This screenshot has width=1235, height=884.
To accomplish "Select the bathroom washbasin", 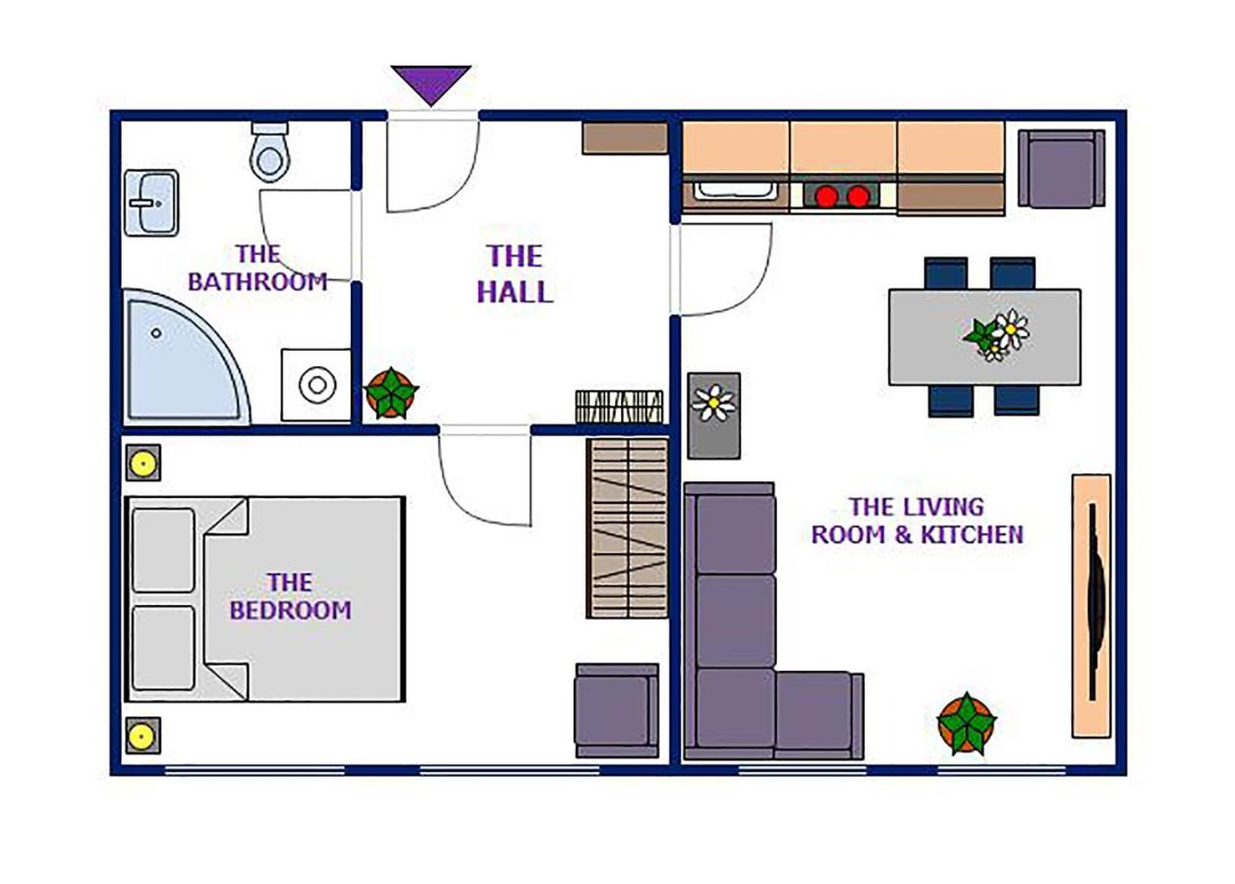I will [151, 202].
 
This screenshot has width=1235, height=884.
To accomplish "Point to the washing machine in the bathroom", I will [316, 385].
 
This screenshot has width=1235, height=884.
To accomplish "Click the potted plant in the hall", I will [391, 393].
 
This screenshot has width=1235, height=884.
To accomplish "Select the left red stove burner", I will [826, 196].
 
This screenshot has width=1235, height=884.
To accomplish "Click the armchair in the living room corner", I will [1061, 169].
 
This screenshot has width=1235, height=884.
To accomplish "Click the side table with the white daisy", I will [714, 414].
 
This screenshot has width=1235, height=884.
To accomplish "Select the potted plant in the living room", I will [966, 723].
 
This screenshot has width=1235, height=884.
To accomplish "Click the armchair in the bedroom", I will [616, 710].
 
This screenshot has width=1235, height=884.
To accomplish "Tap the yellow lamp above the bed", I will [143, 462].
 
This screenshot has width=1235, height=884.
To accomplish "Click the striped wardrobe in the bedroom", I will [627, 527].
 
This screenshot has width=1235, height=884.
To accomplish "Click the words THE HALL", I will [514, 274].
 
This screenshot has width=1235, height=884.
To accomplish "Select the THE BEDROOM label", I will [290, 596].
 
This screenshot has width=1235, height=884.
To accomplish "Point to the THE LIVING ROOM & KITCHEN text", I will [916, 521].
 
